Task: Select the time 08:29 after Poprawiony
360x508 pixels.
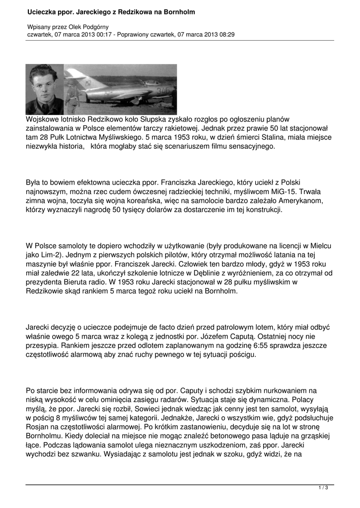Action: click(224, 35)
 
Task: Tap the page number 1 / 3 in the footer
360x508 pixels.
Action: click(323, 488)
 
